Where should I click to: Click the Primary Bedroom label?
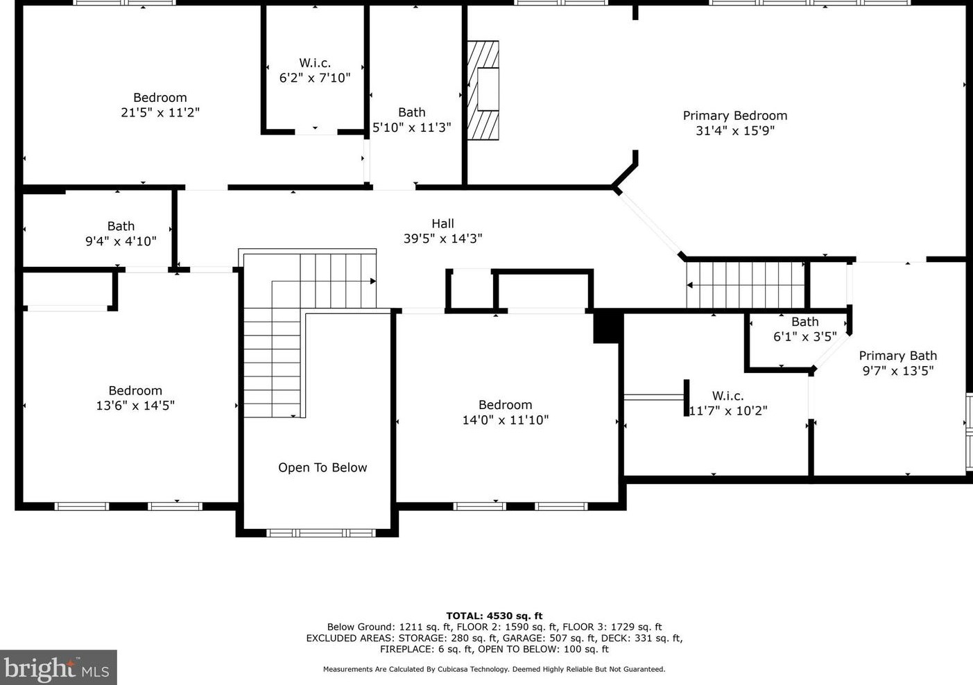(x=735, y=116)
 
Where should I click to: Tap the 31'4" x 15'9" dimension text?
(x=735, y=130)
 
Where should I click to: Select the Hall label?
(x=442, y=223)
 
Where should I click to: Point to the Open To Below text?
(x=322, y=467)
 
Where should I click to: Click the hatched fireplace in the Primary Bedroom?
(x=483, y=90)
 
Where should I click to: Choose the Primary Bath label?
(x=898, y=356)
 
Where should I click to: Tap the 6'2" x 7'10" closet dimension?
(x=314, y=78)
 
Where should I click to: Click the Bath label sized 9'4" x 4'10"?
(x=121, y=226)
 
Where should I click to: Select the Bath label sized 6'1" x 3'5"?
(x=805, y=322)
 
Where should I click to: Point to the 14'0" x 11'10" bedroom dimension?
(x=505, y=419)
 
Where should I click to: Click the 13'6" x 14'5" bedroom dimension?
(x=135, y=406)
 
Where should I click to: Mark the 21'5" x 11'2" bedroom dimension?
(x=160, y=112)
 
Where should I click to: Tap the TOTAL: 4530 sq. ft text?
(x=494, y=616)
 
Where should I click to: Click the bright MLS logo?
(x=58, y=667)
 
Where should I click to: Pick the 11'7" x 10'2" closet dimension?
(x=728, y=410)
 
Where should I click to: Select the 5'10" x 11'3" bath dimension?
(x=412, y=128)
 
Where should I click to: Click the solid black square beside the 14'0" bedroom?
(x=606, y=327)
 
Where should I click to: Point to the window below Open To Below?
(x=321, y=533)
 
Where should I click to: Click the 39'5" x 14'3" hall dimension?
(x=442, y=239)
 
